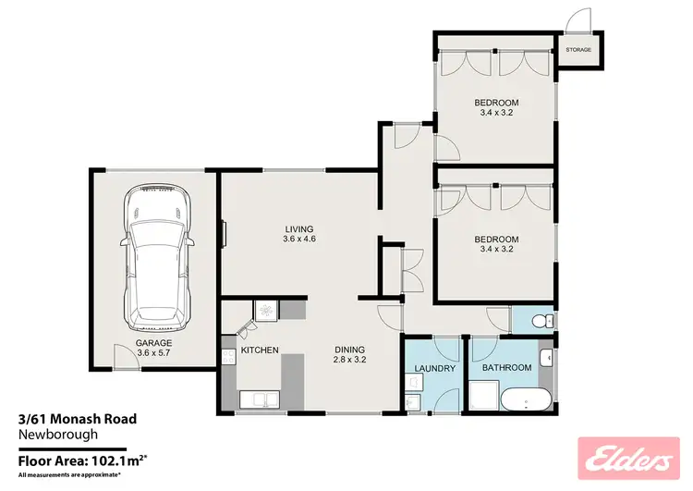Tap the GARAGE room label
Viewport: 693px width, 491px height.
pos(155,341)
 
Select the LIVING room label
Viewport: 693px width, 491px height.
pos(298,229)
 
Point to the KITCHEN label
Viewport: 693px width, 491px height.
pos(260,350)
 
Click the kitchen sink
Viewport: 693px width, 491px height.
pos(254,399)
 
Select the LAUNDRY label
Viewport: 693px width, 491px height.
pos(434,368)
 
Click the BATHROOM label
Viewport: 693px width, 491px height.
pos(506,368)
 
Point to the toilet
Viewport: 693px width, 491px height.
pos(545,320)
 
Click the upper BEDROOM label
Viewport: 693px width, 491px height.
pos(496,102)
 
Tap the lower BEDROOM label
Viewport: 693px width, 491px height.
pos(496,238)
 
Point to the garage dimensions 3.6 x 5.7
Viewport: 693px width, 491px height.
pos(155,352)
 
